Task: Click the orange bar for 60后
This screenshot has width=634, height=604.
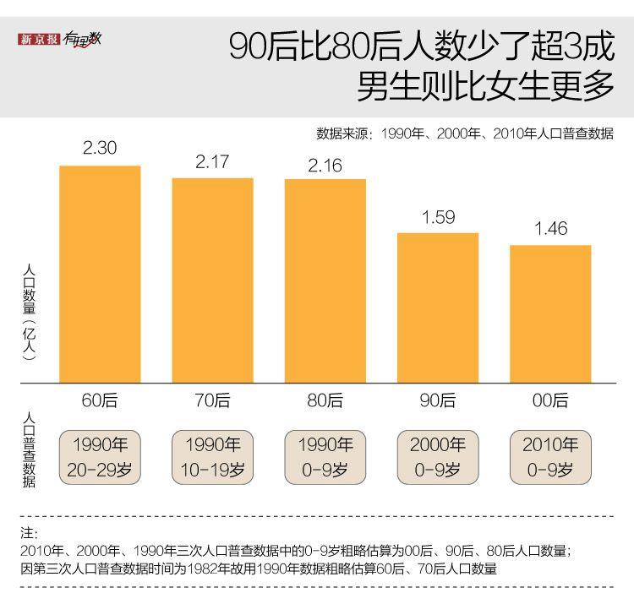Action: (100, 274)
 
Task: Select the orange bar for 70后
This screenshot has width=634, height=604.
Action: (212, 280)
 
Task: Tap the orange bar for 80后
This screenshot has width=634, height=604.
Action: (325, 280)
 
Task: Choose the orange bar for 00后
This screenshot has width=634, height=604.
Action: (550, 313)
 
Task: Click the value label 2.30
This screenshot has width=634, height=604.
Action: (100, 149)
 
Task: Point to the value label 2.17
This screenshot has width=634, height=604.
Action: (212, 161)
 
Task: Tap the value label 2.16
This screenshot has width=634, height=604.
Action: (325, 165)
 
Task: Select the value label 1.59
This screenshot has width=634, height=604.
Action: (438, 217)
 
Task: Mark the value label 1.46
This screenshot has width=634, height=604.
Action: (550, 229)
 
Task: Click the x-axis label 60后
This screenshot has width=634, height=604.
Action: (100, 400)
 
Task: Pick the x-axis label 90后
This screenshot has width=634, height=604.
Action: (438, 400)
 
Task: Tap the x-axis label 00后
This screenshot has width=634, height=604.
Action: (550, 400)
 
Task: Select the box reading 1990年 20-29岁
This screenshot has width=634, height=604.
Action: (100, 457)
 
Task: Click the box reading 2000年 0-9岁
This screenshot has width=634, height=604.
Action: (438, 457)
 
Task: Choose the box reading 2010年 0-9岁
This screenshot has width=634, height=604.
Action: (550, 457)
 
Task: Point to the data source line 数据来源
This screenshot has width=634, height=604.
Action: (464, 134)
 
